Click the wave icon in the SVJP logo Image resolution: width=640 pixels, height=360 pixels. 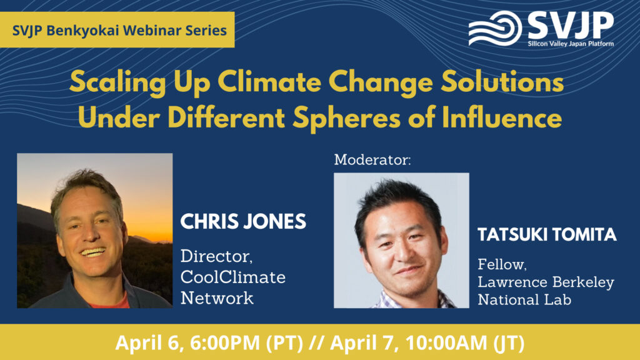coord(495,27)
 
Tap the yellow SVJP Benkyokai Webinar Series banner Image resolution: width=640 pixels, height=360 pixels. coord(117,30)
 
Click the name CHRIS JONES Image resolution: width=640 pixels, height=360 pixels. coord(243,222)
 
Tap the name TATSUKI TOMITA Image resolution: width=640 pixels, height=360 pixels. coord(547,235)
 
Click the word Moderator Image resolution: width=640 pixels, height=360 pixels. coord(372,159)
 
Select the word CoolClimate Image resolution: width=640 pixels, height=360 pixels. coord(233,277)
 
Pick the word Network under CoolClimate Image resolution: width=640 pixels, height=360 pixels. coord(217,298)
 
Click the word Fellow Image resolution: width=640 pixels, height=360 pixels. coord(502,264)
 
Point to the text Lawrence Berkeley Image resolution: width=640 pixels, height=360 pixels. coord(546,282)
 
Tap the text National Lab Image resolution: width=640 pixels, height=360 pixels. coord(524,299)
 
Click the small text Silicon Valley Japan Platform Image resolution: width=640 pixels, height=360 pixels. coord(571,44)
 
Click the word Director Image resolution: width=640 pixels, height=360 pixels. coord(216,256)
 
